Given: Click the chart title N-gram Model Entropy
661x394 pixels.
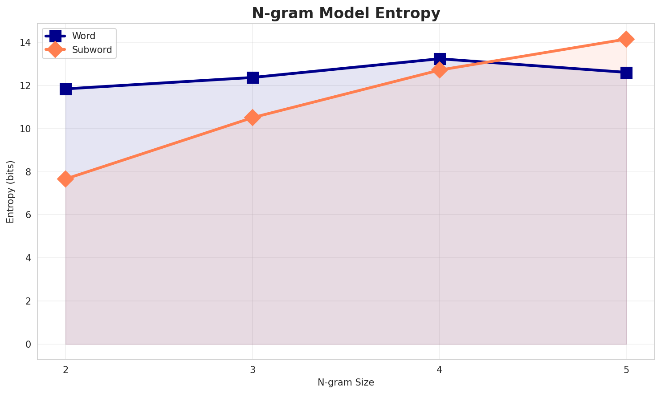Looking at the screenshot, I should tap(346, 13).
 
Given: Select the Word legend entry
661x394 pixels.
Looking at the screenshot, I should tap(84, 36).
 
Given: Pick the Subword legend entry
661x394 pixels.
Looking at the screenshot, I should tap(92, 50).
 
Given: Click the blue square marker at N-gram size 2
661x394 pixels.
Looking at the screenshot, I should tap(65, 89).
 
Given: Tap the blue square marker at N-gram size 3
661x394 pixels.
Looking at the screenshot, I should tap(253, 77).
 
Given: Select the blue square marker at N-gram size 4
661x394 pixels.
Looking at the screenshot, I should tap(440, 59).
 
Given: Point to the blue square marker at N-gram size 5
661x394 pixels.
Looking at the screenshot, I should tap(626, 73).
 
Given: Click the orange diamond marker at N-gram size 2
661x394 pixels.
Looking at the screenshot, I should tap(65, 179).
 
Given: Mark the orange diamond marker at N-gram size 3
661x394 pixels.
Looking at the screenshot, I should tap(253, 118).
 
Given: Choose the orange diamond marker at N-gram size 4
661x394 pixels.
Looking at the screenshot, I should tap(440, 70).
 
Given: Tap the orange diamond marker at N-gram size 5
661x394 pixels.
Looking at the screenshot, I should tap(626, 39).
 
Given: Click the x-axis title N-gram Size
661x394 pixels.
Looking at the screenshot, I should tap(346, 382).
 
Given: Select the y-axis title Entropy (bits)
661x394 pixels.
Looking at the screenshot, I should tap(10, 191).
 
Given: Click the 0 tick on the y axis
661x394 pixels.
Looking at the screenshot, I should tap(28, 344).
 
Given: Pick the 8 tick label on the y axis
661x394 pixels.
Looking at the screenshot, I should tap(28, 172).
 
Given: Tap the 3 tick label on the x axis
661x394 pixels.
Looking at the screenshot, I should tap(253, 369).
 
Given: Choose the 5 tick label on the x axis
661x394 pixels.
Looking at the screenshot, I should tap(626, 369).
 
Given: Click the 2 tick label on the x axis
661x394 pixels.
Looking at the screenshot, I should tap(65, 369).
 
